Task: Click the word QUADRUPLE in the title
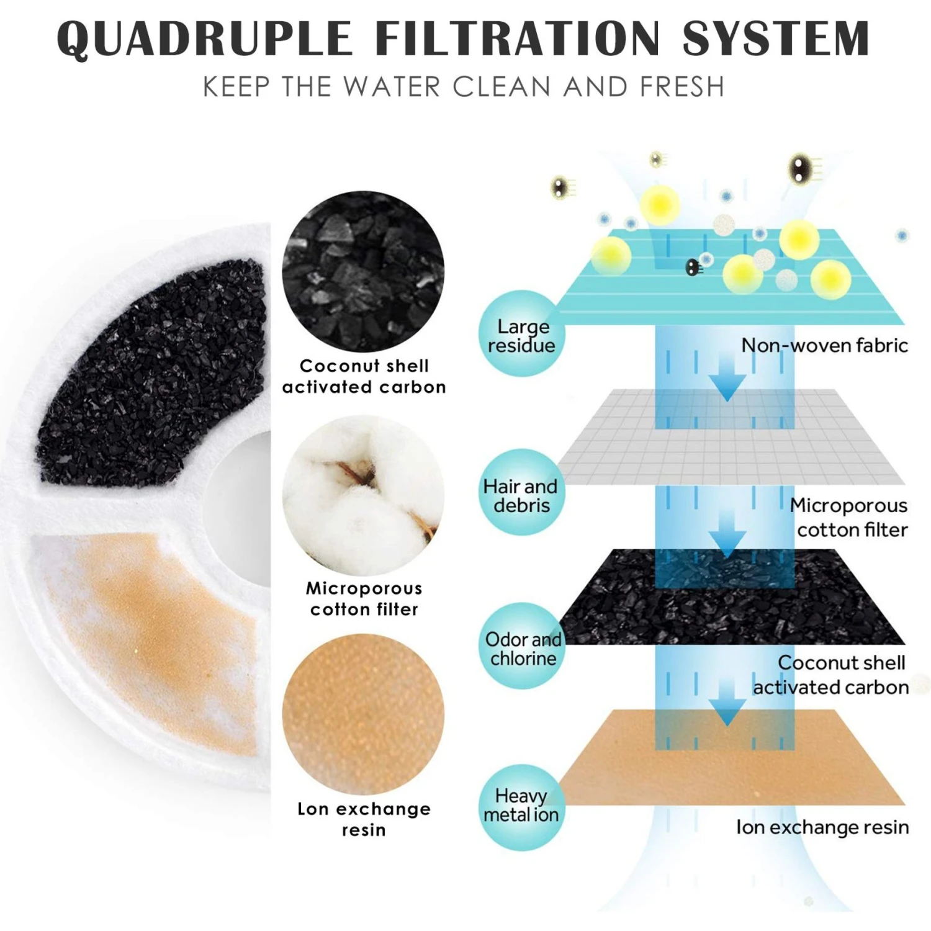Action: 205,38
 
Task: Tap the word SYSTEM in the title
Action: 776,38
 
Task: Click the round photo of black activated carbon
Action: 363,271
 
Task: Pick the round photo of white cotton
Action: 363,495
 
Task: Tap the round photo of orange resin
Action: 363,714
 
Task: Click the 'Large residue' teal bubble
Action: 521,333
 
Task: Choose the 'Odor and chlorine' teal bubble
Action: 521,645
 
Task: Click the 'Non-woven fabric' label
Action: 824,345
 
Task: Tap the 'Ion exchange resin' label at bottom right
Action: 822,827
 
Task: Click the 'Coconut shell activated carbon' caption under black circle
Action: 364,376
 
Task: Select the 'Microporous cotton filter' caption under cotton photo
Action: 364,598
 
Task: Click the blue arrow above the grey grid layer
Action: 727,376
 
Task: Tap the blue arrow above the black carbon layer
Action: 727,534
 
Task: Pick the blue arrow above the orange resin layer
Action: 727,701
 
